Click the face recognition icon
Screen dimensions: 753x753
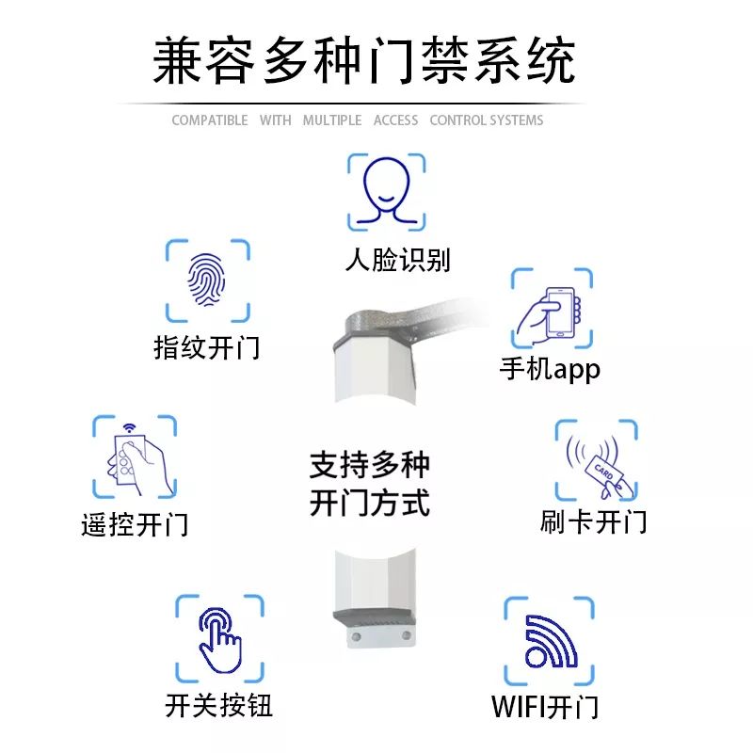pos(387,192)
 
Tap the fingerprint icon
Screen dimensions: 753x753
pos(207,280)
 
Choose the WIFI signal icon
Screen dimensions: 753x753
pos(550,641)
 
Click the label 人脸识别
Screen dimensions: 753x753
pos(397,260)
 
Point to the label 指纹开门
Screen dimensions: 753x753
pos(207,347)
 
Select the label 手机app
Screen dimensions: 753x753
pos(550,369)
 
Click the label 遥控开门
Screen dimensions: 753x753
pos(135,524)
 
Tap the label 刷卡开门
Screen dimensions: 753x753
pos(594,521)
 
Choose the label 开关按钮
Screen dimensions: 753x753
pos(219,705)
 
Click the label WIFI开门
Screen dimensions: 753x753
pos(545,707)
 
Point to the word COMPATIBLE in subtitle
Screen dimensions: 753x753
pos(210,120)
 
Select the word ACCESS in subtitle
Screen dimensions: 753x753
pos(395,120)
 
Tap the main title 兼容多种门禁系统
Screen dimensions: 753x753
pos(364,61)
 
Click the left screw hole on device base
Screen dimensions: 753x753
pos(357,637)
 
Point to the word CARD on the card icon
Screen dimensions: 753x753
pos(603,472)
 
